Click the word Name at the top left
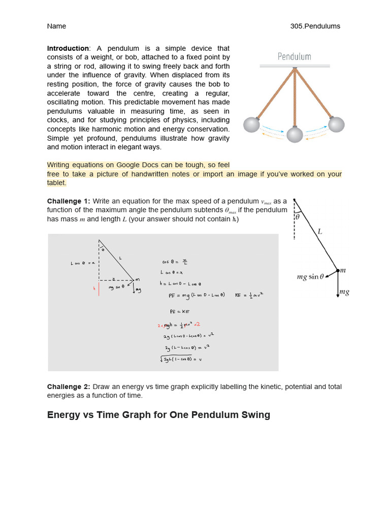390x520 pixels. click(x=56, y=26)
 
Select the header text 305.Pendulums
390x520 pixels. click(x=315, y=26)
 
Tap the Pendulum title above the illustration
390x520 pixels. click(x=294, y=56)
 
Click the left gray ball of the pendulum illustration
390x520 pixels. click(x=251, y=125)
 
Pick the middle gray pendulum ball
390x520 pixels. click(x=295, y=135)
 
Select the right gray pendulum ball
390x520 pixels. click(x=336, y=124)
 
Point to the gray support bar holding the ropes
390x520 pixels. click(x=295, y=66)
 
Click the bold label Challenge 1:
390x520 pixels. click(x=69, y=201)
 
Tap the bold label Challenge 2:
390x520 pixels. click(x=69, y=387)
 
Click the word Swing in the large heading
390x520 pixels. click(x=256, y=415)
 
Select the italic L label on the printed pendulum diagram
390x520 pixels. click(x=320, y=232)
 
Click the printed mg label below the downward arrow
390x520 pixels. click(x=344, y=292)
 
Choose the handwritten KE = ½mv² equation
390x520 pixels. click(x=249, y=295)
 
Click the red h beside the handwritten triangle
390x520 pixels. click(x=94, y=288)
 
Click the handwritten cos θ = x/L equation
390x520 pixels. click(x=175, y=262)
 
